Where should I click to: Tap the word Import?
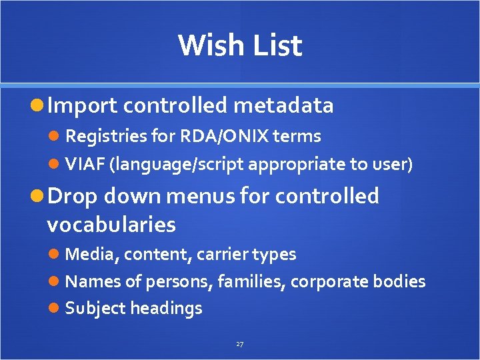click(x=83, y=105)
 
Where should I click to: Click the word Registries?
click(x=106, y=137)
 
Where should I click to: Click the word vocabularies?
click(x=111, y=225)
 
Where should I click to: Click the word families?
click(x=251, y=281)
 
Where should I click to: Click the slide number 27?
click(x=240, y=344)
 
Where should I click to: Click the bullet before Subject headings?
click(x=56, y=309)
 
